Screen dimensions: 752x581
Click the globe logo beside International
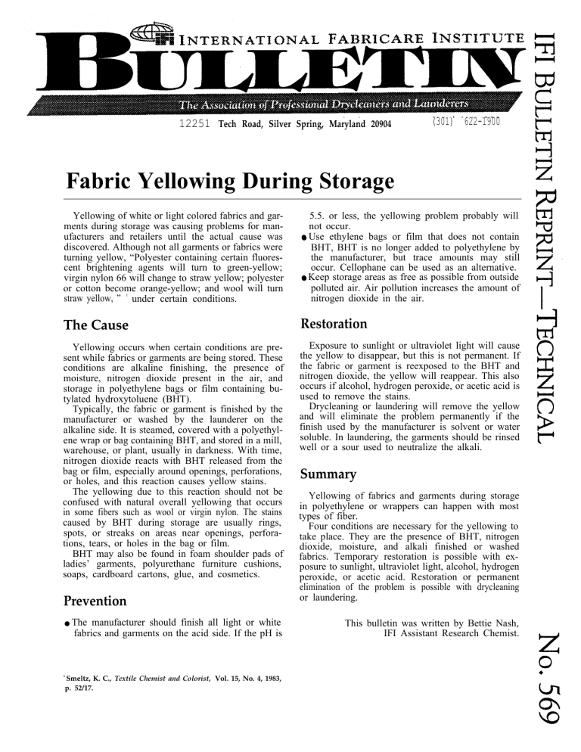click(147, 32)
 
